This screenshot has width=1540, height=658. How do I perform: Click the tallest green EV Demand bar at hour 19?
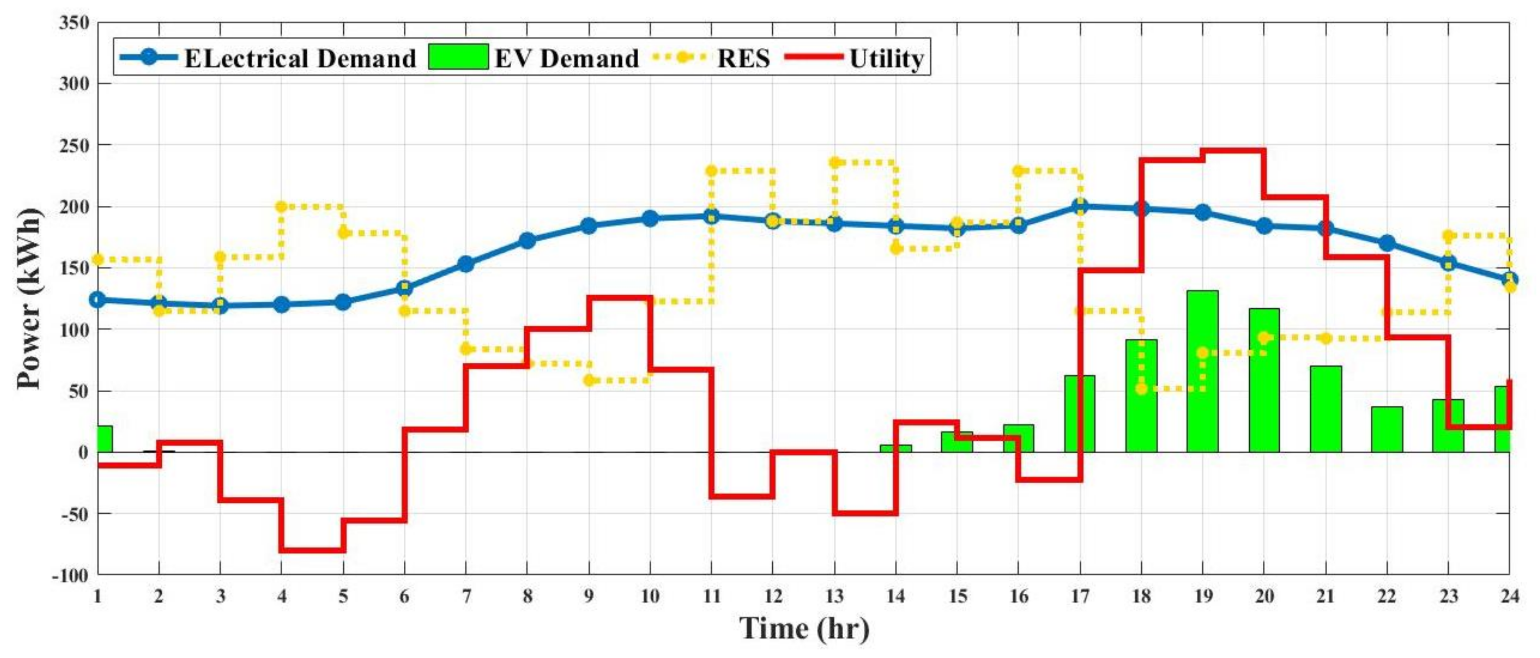coord(1202,371)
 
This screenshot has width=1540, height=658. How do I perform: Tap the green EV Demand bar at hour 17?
coord(1080,413)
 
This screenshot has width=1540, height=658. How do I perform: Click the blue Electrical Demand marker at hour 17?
coord(1080,207)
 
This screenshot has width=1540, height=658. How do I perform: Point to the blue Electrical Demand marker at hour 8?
coord(527,241)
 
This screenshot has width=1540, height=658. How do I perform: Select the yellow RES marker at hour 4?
coord(281,207)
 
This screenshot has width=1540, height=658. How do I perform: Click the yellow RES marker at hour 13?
coord(835,162)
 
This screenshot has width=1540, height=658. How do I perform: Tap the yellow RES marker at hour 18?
coord(1141,389)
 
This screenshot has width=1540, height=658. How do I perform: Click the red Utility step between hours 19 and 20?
coord(1233,150)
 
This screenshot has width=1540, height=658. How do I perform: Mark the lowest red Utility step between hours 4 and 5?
coord(312,550)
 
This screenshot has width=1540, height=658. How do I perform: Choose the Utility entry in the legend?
coord(886,59)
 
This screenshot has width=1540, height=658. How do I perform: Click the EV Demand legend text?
coord(566,59)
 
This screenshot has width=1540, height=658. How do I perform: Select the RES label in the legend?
coord(743,59)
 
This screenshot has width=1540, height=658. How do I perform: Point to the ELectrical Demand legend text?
coord(300,59)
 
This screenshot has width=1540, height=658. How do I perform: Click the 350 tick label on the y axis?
coord(74,22)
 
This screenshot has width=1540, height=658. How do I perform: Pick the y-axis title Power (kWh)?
coord(29,299)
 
